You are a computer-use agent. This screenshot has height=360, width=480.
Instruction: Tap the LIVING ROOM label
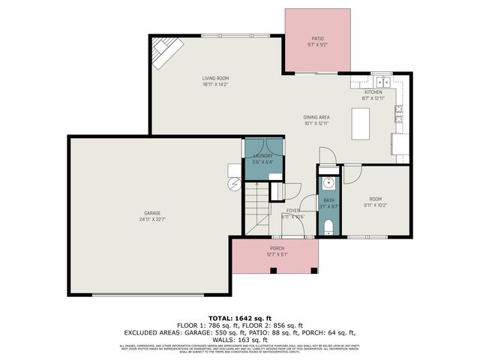[215, 78]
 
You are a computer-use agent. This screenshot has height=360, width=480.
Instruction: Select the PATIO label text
[316, 38]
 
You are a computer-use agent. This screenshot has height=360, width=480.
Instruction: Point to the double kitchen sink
[381, 82]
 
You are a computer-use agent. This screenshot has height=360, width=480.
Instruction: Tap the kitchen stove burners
[400, 114]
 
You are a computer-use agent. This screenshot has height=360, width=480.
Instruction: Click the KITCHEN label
[373, 91]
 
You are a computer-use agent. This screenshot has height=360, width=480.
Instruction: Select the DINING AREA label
[316, 117]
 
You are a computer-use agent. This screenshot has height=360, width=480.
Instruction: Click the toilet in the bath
[328, 227]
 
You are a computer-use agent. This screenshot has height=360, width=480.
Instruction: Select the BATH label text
[328, 200]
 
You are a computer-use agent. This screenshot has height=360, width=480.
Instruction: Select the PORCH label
[277, 247]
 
